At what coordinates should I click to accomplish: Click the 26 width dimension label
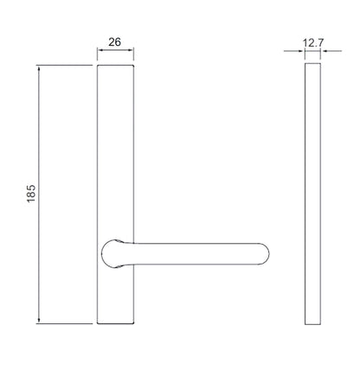[x=114, y=42]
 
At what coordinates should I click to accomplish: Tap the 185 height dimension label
[x=31, y=194]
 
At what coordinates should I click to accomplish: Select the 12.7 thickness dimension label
[x=313, y=43]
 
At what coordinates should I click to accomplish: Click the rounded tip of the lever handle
[x=267, y=254]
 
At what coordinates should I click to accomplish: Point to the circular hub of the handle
[x=112, y=254]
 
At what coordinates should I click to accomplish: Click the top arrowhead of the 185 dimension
[x=39, y=68]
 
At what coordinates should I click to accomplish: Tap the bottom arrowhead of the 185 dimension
[x=39, y=321]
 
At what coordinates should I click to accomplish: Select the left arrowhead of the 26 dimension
[x=100, y=50]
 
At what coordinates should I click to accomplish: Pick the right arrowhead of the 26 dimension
[x=131, y=50]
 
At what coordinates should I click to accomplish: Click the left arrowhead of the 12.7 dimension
[x=302, y=51]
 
